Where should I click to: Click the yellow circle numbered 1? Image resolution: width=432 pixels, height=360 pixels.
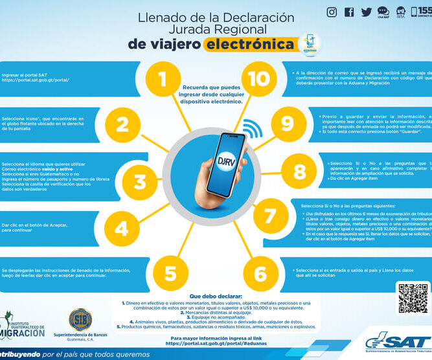pyautogui.click(x=162, y=79)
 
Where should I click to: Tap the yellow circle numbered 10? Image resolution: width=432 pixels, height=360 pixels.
pyautogui.click(x=258, y=79)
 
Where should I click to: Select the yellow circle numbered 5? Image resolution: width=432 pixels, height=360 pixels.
pyautogui.click(x=170, y=273)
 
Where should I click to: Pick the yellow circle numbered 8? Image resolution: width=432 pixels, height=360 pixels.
pyautogui.click(x=299, y=172)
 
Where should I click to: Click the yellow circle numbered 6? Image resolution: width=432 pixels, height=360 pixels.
pyautogui.click(x=260, y=273)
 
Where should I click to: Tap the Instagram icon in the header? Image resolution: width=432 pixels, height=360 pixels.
pyautogui.click(x=332, y=12)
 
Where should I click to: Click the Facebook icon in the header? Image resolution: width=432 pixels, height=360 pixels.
pyautogui.click(x=350, y=12)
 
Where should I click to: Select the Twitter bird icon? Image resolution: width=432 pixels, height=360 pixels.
pyautogui.click(x=367, y=12)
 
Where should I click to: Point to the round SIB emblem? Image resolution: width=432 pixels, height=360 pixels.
pyautogui.click(x=80, y=319)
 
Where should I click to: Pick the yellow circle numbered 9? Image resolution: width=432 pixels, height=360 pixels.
pyautogui.click(x=283, y=123)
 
